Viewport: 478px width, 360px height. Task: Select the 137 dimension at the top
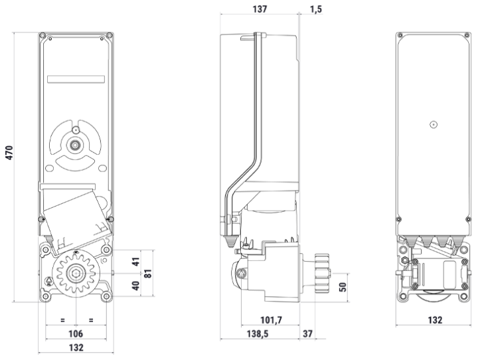click(x=260, y=9)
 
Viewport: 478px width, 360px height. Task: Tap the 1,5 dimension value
click(x=317, y=9)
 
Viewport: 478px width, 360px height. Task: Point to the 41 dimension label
click(x=137, y=261)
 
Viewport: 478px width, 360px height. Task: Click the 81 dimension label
click(x=149, y=272)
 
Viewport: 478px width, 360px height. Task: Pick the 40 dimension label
click(x=137, y=286)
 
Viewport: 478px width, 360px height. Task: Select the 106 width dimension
click(x=76, y=333)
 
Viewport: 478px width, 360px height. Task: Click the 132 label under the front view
click(x=76, y=347)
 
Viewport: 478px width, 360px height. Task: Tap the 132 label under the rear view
click(x=434, y=320)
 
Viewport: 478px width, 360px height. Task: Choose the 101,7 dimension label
click(x=271, y=320)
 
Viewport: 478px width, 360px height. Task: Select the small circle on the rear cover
click(x=433, y=124)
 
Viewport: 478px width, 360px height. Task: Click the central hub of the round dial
click(x=76, y=143)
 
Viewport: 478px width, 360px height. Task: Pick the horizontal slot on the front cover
click(x=76, y=79)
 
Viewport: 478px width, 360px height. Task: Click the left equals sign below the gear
click(x=62, y=320)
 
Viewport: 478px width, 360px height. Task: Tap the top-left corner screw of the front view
click(x=43, y=35)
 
